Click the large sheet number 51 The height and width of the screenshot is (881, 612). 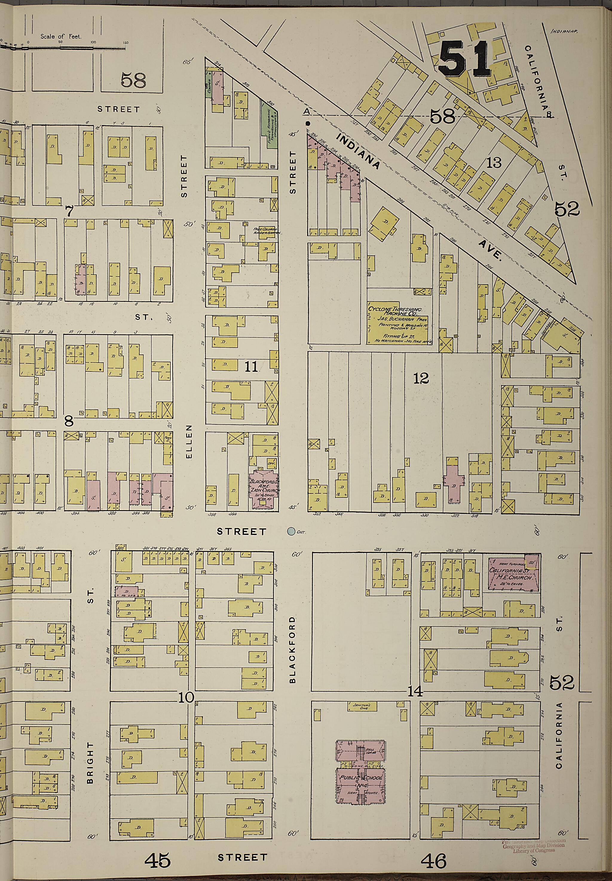465,59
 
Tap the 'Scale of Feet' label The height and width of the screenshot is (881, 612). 61,37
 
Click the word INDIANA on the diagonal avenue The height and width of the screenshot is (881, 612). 359,151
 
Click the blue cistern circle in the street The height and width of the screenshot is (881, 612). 291,531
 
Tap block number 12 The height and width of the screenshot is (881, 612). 421,379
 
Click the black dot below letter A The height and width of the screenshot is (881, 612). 307,124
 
